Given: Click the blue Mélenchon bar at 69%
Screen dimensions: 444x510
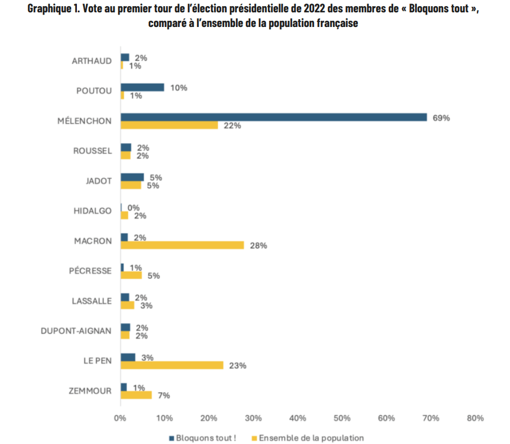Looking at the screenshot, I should pos(274,117).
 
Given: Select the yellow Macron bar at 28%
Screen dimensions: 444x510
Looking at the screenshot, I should pos(183,245).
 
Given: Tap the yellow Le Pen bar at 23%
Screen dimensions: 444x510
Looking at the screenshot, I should pos(172,365).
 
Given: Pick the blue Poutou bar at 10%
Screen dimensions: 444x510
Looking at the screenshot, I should pos(143,87).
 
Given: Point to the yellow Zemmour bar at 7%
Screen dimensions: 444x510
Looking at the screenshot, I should pos(136,395).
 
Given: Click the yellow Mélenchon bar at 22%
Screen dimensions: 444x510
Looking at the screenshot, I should pos(169,125).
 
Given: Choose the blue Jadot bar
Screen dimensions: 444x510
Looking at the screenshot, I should pos(133,177).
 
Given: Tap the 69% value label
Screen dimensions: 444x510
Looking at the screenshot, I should pos(441,118).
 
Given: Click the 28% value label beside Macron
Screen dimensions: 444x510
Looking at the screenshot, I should pos(258,246).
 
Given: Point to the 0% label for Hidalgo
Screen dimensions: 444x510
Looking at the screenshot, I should pos(134,208).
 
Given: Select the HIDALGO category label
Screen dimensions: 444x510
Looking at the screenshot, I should pos(93,211).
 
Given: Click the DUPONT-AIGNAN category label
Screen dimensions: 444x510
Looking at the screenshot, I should pos(76,331).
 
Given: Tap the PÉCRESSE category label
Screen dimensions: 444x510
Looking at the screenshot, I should pos(90,271).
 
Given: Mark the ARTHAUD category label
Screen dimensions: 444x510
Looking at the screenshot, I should pos(92,61).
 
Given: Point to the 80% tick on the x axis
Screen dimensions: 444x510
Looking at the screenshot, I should pos(475,418).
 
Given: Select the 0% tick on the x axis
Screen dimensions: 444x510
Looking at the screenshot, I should pos(120,418).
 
